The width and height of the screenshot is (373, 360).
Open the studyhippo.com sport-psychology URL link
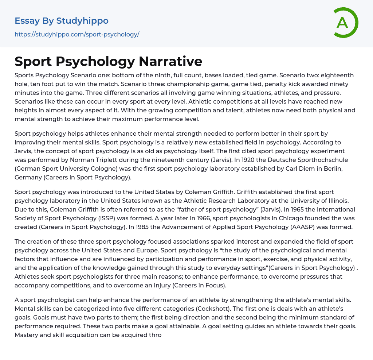pos(77,35)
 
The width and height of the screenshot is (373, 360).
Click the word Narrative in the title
pos(170,61)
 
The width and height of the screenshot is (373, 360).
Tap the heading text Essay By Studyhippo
pos(62,21)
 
